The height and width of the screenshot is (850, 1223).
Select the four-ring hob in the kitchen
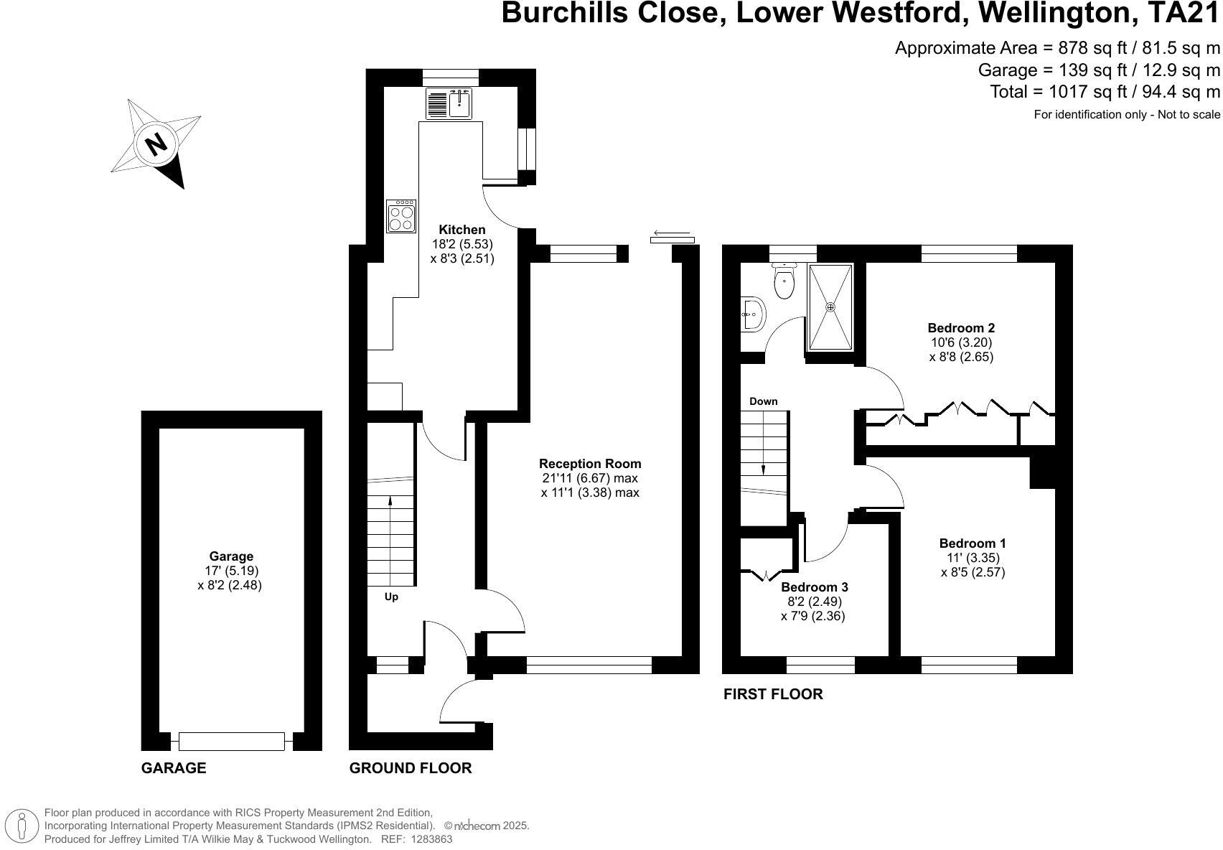pos(401,217)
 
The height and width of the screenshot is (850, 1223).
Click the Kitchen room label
pos(462,230)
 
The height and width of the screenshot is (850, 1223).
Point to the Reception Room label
pos(590,464)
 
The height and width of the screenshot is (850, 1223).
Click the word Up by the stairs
pos(391,597)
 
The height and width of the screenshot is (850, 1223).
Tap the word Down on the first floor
pos(763,401)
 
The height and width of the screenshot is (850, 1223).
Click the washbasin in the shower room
pos(752,314)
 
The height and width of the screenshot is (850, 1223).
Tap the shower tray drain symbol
pos(831,307)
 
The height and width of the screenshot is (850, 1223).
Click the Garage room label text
pos(231,556)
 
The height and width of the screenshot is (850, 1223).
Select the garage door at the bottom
pos(231,741)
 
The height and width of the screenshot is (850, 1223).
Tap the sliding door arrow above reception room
pos(672,233)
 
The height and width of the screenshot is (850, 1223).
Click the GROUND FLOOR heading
pos(411,768)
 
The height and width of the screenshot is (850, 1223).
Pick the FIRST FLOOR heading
pos(772,694)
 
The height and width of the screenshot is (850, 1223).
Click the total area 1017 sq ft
pos(1105,92)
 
